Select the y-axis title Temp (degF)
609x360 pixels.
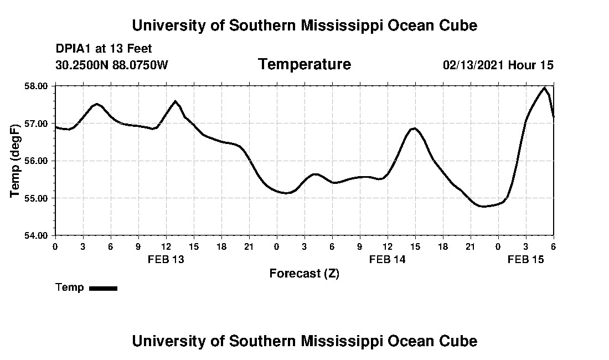(x=16, y=161)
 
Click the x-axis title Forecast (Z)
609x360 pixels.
(x=304, y=274)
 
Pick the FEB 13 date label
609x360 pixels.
(x=166, y=259)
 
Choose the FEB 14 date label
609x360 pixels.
(x=388, y=259)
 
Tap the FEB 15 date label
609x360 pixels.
(x=526, y=259)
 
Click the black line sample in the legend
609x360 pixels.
(x=103, y=288)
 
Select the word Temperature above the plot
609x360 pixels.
(x=304, y=65)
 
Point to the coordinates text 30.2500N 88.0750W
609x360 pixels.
(x=111, y=65)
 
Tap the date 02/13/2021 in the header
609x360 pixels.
(x=473, y=65)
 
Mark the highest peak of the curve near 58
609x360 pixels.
(x=545, y=88)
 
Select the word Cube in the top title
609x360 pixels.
(x=457, y=25)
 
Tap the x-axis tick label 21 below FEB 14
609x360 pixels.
(x=471, y=246)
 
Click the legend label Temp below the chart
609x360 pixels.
(x=70, y=287)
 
